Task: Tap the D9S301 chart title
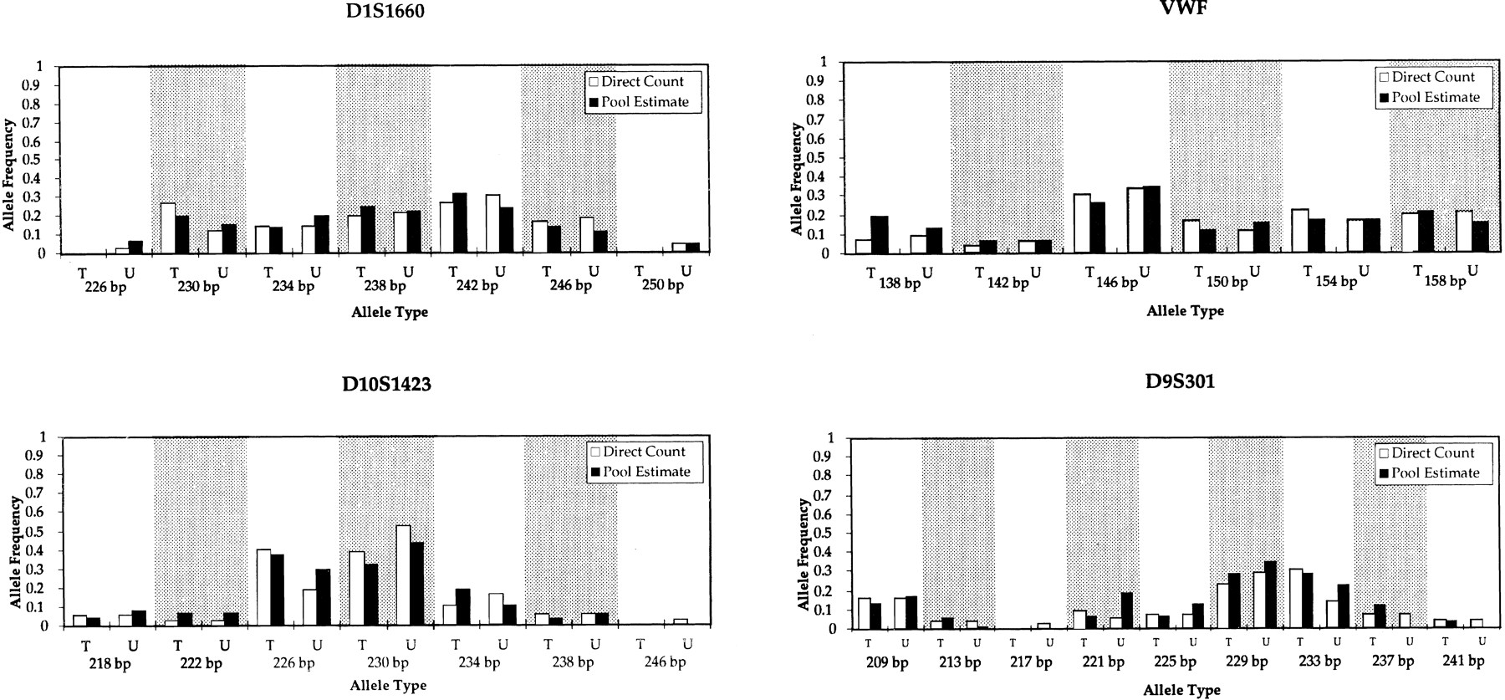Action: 1180,381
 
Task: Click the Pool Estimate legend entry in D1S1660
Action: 640,102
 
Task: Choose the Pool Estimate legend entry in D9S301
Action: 1428,473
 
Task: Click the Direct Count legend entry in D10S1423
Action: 637,452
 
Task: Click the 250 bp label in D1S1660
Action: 664,285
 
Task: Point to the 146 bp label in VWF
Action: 1117,282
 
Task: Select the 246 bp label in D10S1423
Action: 665,662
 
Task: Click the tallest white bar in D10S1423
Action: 403,575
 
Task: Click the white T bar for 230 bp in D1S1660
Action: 167,227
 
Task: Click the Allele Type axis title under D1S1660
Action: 388,312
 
